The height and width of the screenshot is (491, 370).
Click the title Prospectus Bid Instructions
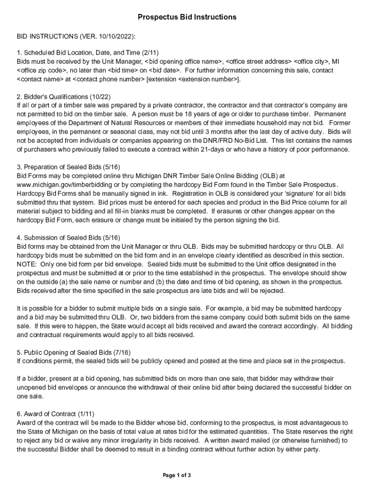coord(187,17)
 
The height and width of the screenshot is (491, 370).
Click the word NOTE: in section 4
coord(27,264)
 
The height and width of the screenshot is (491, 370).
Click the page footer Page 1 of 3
coord(177,476)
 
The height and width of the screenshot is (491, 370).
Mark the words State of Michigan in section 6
coord(43,432)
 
